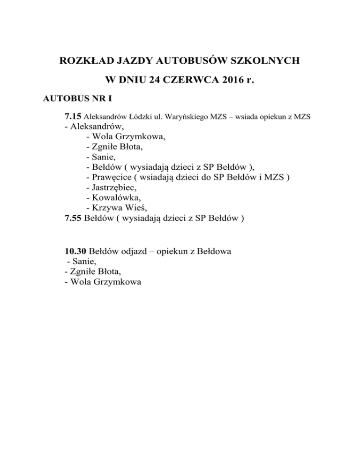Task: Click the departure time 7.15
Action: (x=73, y=116)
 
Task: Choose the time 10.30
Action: (x=75, y=251)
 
